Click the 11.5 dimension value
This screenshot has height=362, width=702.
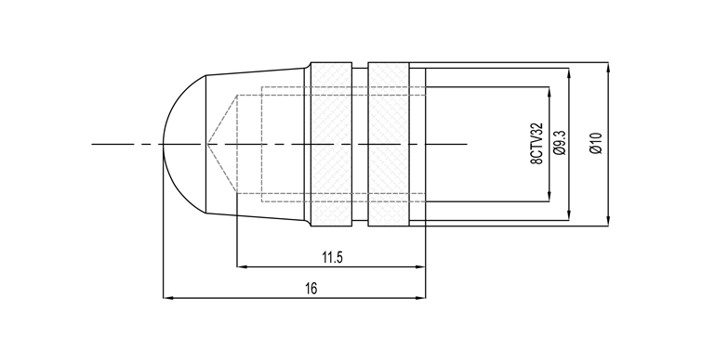point(332,257)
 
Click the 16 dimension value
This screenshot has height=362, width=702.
point(311,289)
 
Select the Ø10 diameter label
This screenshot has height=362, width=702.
point(596,144)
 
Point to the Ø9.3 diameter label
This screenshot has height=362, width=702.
point(559,143)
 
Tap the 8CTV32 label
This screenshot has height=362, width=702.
point(536,144)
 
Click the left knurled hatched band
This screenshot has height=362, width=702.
point(331,145)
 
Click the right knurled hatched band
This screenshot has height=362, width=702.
point(389,145)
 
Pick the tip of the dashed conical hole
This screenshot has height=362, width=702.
point(206,144)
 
